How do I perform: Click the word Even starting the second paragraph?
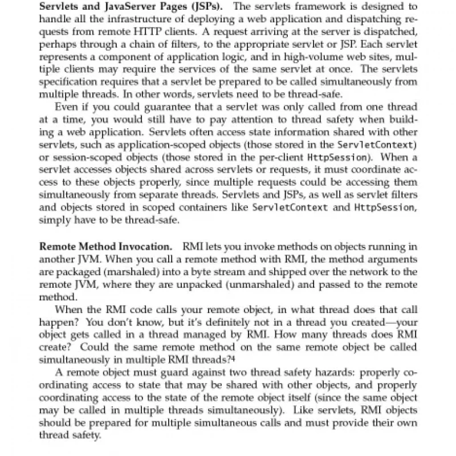(x=64, y=108)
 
